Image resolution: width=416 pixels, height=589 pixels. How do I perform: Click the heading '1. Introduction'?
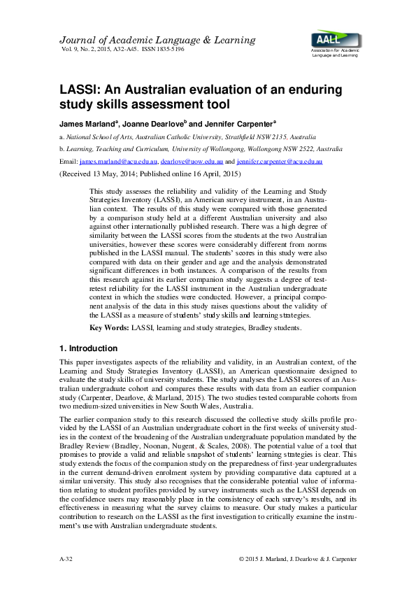89,348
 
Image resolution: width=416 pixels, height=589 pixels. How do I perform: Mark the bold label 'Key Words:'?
108,328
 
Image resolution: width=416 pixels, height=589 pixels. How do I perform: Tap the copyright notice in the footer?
297,560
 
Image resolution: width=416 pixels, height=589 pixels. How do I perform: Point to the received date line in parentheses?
150,173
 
